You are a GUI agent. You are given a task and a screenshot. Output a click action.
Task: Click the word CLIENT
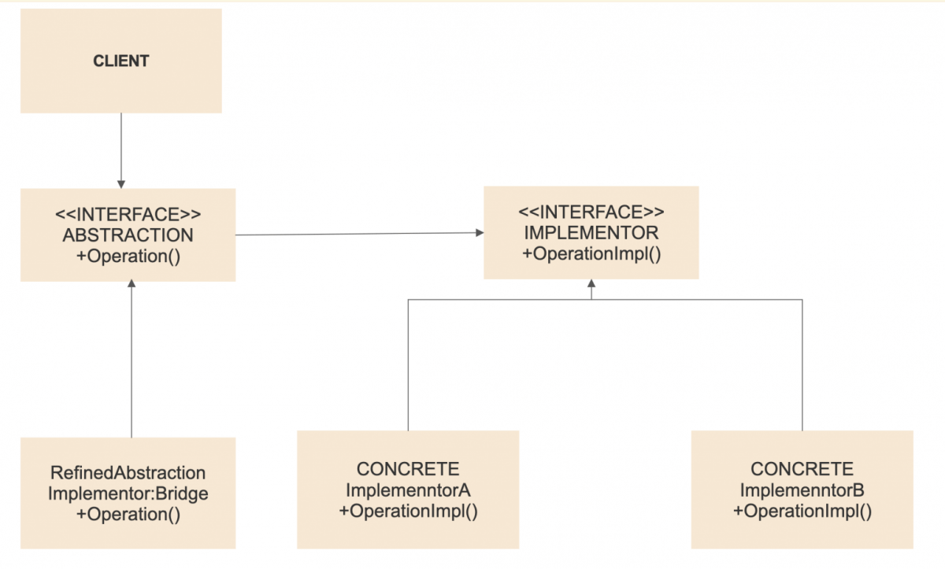click(x=121, y=61)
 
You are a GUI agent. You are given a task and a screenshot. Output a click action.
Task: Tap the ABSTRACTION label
click(x=128, y=235)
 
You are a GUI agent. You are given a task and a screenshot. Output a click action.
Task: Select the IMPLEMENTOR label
click(x=591, y=233)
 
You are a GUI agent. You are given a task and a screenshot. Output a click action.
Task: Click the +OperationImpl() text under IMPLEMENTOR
click(x=591, y=253)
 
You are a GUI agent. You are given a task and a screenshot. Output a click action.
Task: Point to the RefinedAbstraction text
click(x=128, y=473)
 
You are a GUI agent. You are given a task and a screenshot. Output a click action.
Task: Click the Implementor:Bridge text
click(x=128, y=493)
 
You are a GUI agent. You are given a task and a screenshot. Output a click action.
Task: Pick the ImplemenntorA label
click(x=408, y=490)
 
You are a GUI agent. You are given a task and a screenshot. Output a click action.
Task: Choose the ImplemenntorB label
click(x=802, y=490)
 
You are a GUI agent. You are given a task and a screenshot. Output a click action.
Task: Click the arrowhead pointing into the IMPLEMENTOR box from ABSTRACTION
click(x=479, y=232)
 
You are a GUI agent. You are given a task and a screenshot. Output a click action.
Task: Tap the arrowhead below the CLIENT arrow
click(x=121, y=182)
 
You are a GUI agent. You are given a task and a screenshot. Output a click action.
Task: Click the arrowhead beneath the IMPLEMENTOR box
click(x=591, y=284)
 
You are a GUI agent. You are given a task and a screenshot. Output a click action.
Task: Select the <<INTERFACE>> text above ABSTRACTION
click(x=128, y=214)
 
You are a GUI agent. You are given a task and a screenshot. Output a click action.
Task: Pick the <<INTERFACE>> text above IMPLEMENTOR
click(x=591, y=212)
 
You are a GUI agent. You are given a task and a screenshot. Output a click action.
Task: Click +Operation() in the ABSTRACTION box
click(x=128, y=255)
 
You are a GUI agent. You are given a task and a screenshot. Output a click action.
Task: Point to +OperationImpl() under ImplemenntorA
click(x=408, y=511)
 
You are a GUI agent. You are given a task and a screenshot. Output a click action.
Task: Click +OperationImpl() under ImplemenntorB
click(x=802, y=511)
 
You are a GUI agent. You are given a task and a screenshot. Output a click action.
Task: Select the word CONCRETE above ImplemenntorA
click(x=408, y=470)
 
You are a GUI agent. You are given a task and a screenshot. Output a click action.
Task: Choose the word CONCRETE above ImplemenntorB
click(x=802, y=470)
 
